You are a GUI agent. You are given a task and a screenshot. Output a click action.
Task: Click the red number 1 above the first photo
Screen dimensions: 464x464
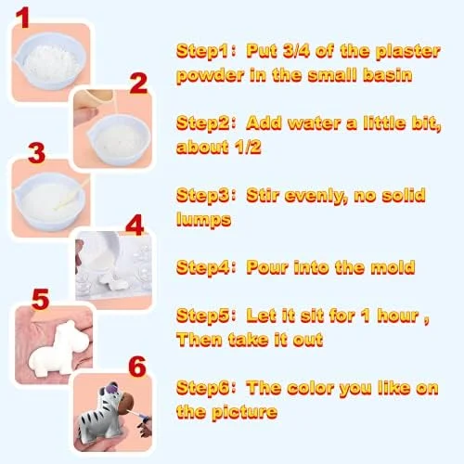point(22,18)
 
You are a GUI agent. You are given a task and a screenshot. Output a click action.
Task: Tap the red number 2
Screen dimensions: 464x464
point(138,83)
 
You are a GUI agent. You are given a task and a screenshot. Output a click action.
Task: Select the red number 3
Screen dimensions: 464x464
point(36,153)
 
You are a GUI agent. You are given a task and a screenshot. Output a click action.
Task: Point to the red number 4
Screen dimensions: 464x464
point(135,225)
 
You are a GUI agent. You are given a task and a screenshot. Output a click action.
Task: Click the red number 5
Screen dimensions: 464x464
point(40,299)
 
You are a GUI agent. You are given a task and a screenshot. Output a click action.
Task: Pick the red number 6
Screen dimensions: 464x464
point(137,367)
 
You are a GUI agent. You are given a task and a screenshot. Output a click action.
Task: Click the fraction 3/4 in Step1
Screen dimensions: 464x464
point(296,51)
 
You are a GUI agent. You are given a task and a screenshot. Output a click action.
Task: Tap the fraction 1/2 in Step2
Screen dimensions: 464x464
point(248,147)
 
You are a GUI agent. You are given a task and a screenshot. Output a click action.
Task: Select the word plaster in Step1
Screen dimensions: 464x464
point(407,52)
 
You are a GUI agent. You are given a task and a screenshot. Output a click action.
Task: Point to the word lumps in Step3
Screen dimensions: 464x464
point(203,220)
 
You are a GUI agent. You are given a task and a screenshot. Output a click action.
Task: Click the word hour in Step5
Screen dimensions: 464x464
point(398,316)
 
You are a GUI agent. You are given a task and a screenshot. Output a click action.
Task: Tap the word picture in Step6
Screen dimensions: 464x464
point(244,412)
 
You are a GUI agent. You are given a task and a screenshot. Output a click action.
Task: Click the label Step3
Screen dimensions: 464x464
point(203,196)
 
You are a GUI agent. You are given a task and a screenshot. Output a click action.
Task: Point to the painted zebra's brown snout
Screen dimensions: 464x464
point(128,402)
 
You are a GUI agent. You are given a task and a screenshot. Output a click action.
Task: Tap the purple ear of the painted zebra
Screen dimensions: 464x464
point(110,387)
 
